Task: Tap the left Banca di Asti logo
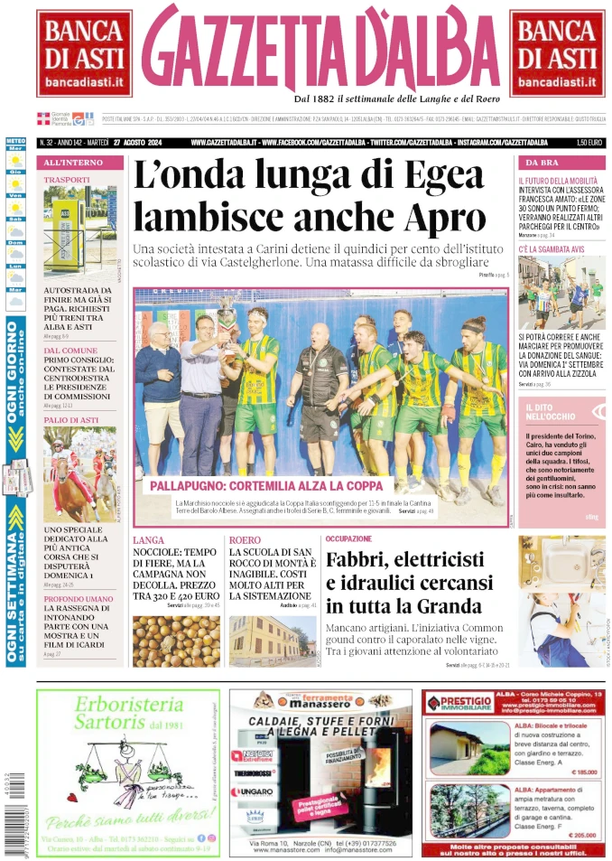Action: click(84, 54)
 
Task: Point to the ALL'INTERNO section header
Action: click(67, 163)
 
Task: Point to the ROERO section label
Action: click(246, 539)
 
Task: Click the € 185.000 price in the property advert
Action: click(583, 772)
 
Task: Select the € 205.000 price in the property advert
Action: click(583, 835)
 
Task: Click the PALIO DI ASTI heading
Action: click(72, 420)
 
